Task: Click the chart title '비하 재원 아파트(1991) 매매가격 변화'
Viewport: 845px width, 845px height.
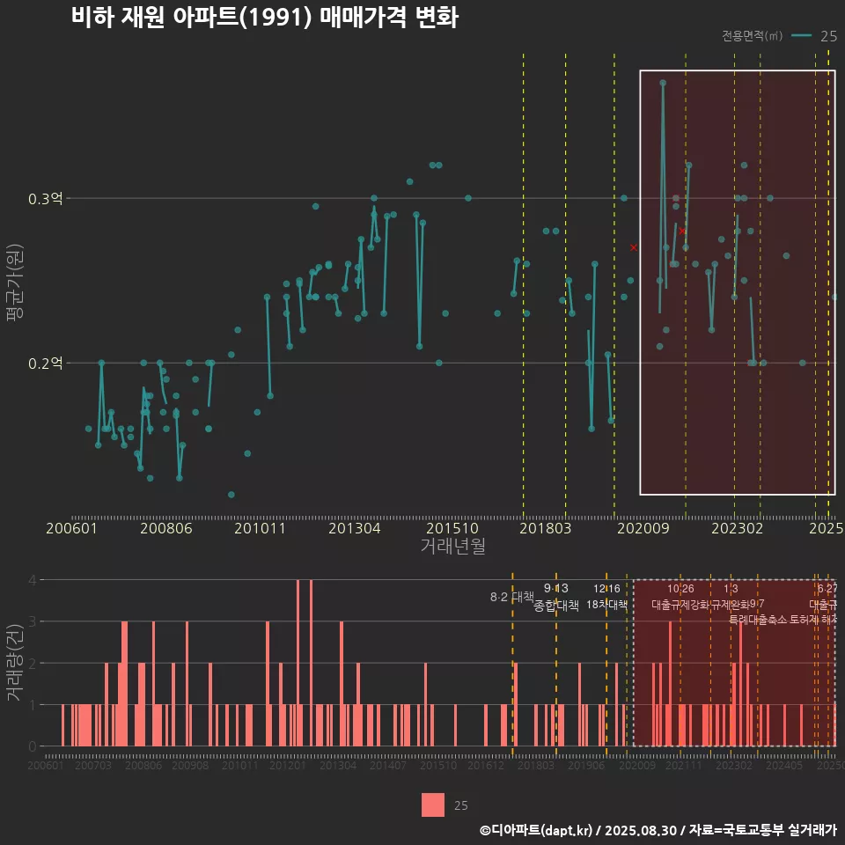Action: (x=264, y=18)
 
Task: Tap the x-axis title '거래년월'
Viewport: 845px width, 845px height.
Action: (x=452, y=547)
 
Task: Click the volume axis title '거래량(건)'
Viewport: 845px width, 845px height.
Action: (x=14, y=663)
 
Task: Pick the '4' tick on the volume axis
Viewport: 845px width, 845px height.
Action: (x=33, y=580)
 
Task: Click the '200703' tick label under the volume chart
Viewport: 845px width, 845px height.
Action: (x=93, y=767)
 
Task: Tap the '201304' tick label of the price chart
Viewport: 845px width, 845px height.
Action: (x=354, y=529)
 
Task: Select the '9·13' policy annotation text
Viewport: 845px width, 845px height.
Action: (x=556, y=588)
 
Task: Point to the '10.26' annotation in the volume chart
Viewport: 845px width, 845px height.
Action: (x=680, y=588)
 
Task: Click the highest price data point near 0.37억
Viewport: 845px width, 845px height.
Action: (x=663, y=83)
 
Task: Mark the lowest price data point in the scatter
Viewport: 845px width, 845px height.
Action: (x=231, y=495)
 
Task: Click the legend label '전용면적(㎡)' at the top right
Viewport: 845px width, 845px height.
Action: (x=752, y=36)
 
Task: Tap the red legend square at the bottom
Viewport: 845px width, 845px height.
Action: (x=433, y=805)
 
